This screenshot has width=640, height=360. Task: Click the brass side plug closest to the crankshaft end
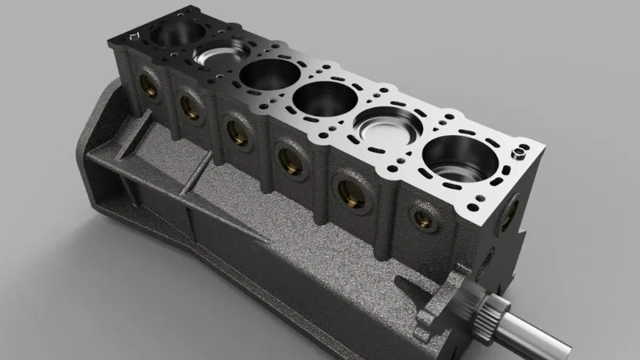pyautogui.click(x=422, y=215)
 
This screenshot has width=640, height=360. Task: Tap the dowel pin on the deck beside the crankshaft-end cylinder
pyautogui.click(x=521, y=150)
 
